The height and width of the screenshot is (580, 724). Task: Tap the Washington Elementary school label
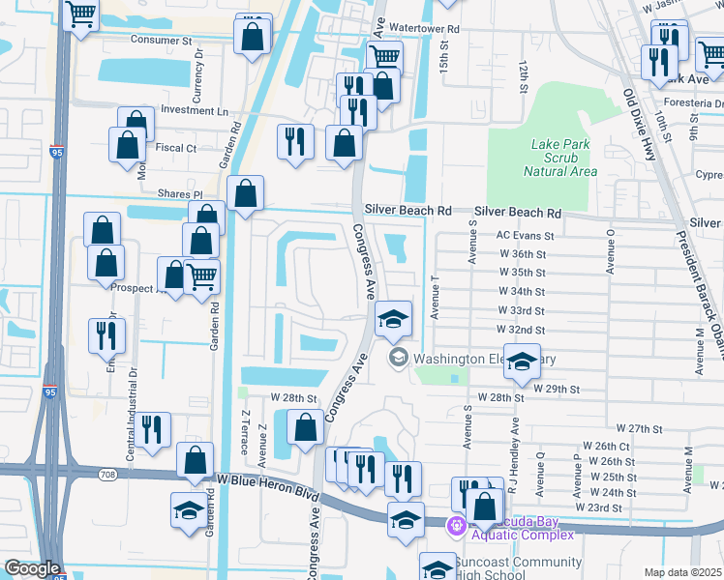[x=484, y=359]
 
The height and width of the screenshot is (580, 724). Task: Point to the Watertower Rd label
[x=424, y=29]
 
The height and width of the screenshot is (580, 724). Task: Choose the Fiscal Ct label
[x=175, y=148]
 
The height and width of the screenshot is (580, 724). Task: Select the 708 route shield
[x=109, y=474]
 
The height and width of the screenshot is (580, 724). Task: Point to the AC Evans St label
[x=525, y=235]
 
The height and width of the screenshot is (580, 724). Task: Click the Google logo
[x=32, y=568]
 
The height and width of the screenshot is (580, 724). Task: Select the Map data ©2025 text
[x=681, y=572]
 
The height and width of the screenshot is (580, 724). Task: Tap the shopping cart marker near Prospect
[x=201, y=278]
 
